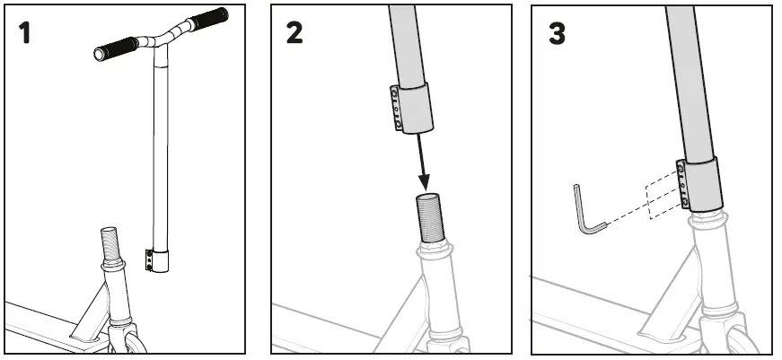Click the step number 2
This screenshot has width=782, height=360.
[295, 33]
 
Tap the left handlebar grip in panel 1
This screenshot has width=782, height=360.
[115, 48]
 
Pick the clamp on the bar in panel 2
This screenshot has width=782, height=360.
[411, 108]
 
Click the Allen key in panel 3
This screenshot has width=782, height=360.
[584, 211]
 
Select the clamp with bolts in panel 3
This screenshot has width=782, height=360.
[699, 184]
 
